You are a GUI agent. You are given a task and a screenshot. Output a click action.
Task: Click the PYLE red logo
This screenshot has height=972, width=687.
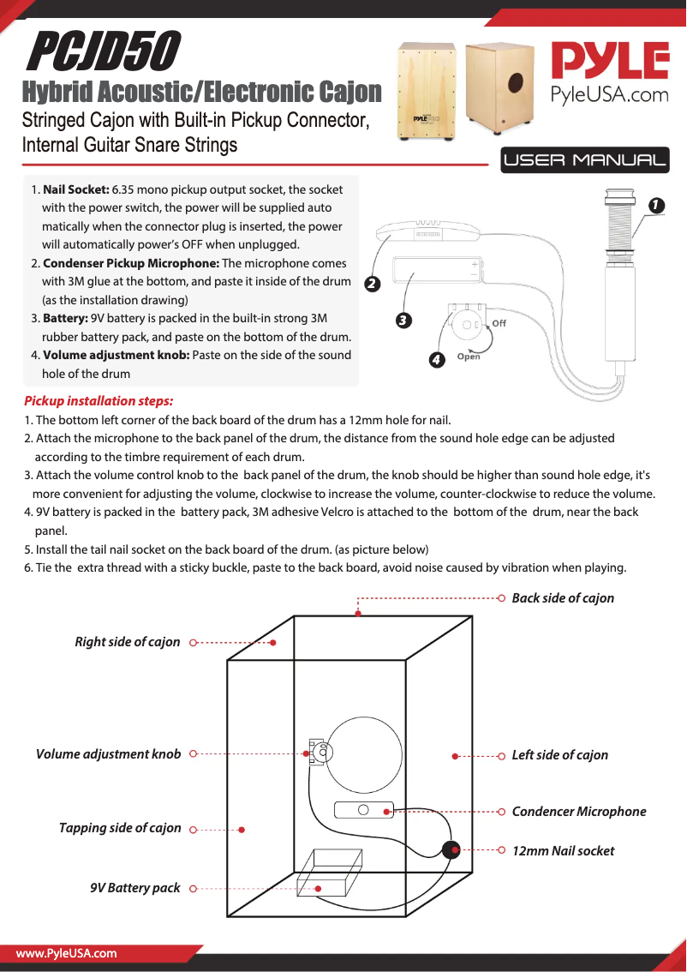pyautogui.click(x=609, y=62)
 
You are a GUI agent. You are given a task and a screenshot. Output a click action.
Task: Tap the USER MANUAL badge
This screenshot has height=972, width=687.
pyautogui.click(x=585, y=160)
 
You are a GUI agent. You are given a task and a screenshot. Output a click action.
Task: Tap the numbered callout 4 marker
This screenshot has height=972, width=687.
pyautogui.click(x=437, y=360)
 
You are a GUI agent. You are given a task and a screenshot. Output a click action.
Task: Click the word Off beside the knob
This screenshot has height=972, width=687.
pyautogui.click(x=499, y=323)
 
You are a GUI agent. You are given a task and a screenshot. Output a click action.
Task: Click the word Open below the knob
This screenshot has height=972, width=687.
pyautogui.click(x=469, y=357)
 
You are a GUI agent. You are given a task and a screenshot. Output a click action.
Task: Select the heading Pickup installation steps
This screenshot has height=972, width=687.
pyautogui.click(x=99, y=401)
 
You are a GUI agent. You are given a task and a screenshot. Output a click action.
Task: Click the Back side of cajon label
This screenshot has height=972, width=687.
pyautogui.click(x=563, y=598)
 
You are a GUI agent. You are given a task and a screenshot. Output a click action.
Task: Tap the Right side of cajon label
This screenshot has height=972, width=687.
pyautogui.click(x=128, y=642)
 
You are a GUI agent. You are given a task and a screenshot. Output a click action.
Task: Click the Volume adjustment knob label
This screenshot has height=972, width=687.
pyautogui.click(x=109, y=754)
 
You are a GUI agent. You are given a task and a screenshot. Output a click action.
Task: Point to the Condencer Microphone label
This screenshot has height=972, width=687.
pyautogui.click(x=579, y=812)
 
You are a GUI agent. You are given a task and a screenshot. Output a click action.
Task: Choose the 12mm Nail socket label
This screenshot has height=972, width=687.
pyautogui.click(x=563, y=851)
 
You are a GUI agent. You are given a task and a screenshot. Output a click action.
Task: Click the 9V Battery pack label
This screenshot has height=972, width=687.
pyautogui.click(x=135, y=888)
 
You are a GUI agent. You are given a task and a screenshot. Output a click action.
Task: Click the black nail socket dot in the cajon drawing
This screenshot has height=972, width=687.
pyautogui.click(x=451, y=849)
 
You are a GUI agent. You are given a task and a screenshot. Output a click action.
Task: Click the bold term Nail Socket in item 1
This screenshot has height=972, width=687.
pyautogui.click(x=75, y=189)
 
